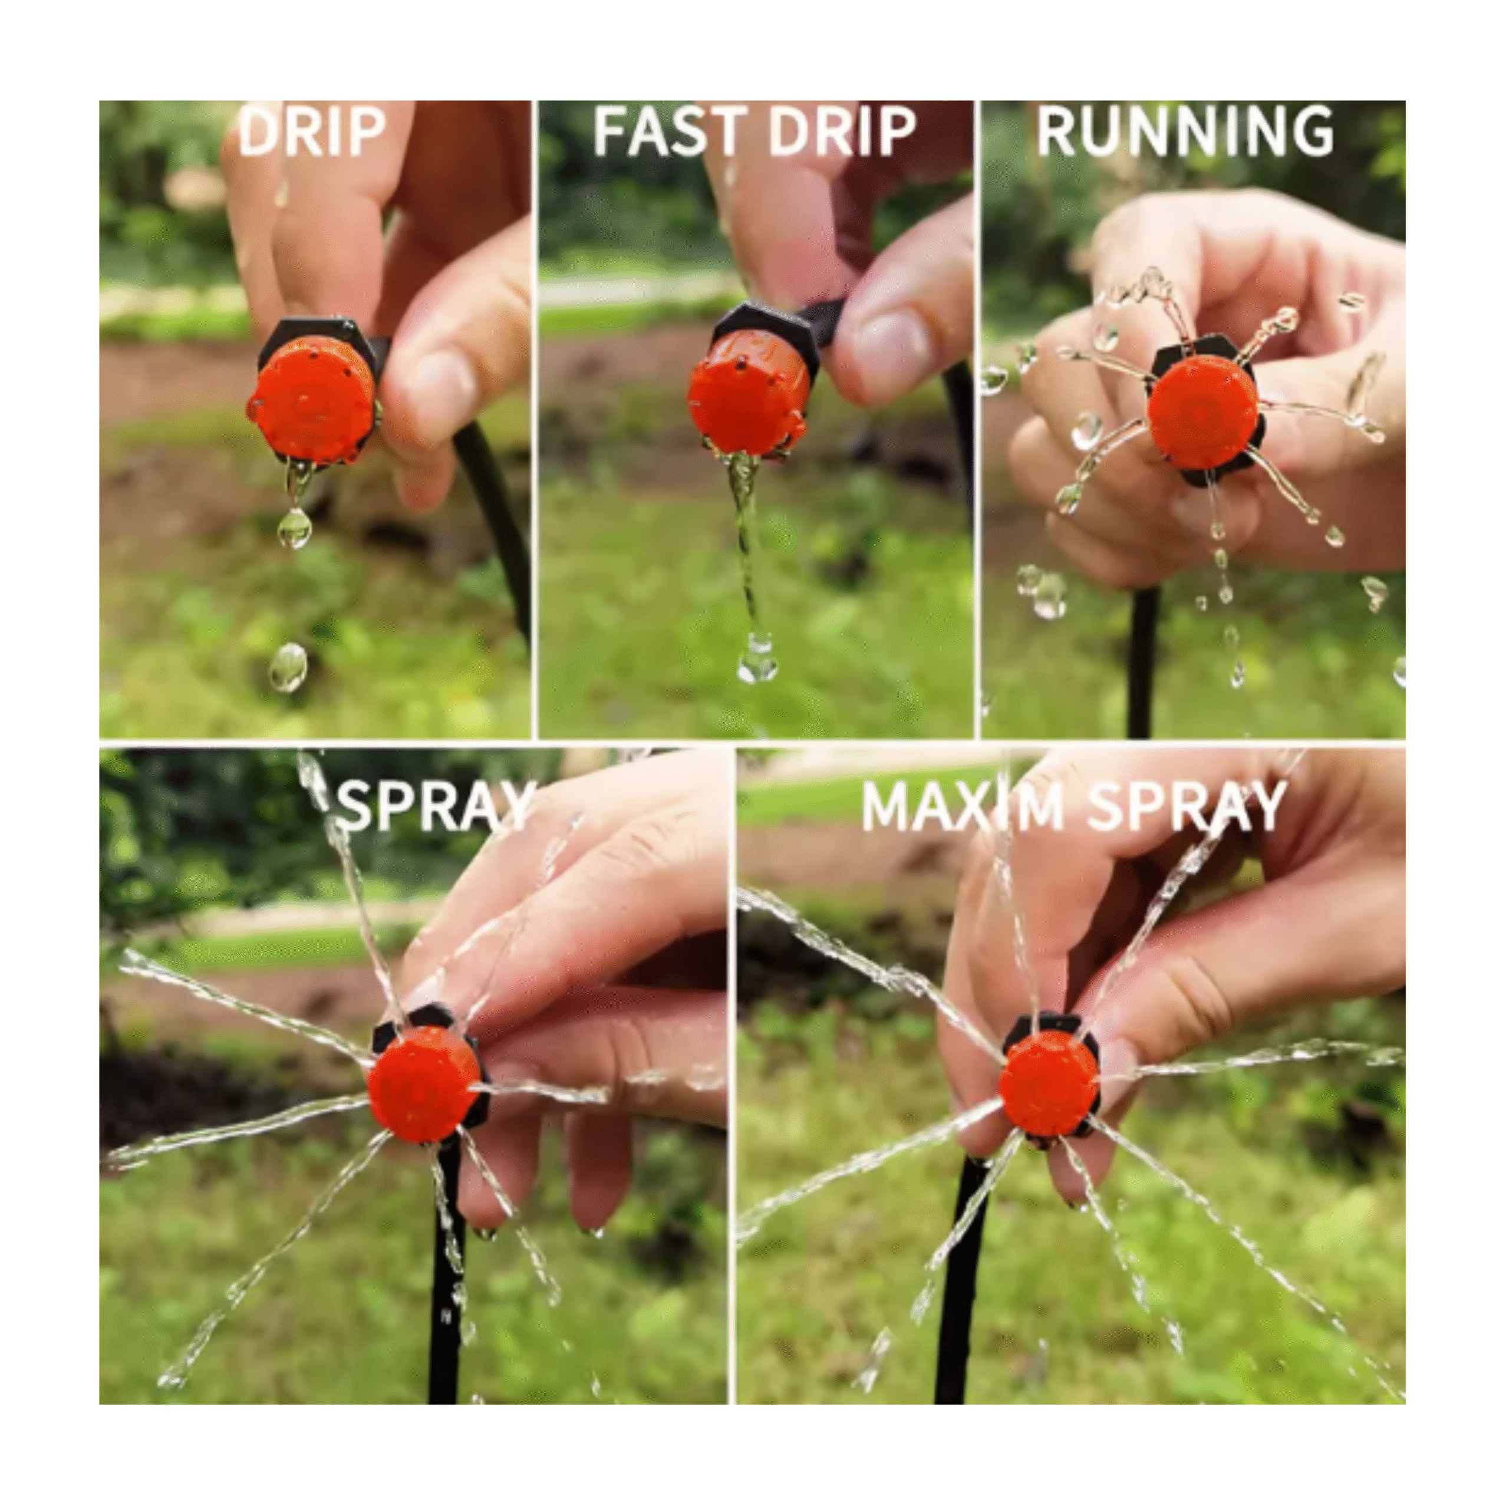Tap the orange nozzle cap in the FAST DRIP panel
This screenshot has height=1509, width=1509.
746,402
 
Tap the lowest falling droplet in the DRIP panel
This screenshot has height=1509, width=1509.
288,668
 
